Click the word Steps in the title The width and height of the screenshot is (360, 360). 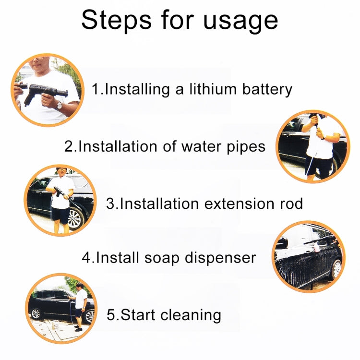tap(117, 21)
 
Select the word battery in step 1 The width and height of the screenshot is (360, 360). tap(267, 90)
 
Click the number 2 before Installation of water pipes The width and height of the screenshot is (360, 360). tap(69, 146)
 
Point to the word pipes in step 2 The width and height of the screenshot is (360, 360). tap(246, 147)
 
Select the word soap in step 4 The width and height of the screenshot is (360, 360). tap(162, 258)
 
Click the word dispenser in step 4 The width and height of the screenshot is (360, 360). tap(220, 258)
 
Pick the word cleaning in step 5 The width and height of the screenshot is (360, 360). tap(191, 315)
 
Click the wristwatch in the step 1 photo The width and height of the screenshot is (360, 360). tap(59, 105)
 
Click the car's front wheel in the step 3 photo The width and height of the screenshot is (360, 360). tap(76, 218)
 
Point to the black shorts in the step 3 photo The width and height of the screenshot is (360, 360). tap(60, 216)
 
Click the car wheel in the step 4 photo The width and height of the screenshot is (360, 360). tap(336, 269)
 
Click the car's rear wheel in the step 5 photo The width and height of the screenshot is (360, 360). tap(36, 313)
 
